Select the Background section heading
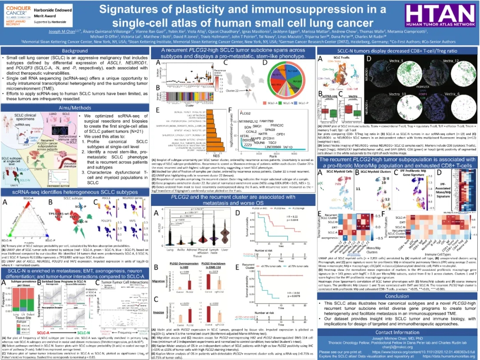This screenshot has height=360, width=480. (75, 51)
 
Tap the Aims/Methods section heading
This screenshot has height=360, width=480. (75, 107)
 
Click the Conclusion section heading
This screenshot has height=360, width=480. (397, 296)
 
